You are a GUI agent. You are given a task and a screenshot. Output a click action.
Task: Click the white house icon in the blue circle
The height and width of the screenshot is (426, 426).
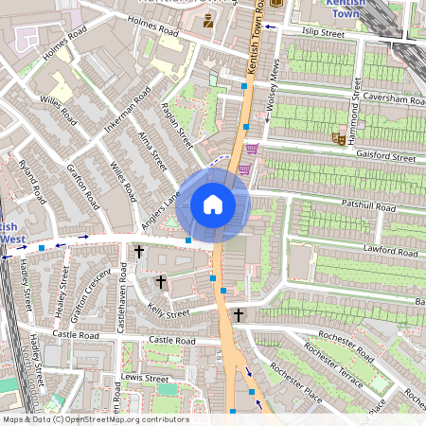coord(213,204)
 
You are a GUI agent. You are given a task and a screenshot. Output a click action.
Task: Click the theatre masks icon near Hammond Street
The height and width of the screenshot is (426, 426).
coord(337,138)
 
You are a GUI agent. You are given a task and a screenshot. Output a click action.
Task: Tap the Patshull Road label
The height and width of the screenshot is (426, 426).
coord(372,205)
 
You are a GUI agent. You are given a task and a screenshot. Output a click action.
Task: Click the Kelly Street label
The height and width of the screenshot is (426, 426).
coord(169,312)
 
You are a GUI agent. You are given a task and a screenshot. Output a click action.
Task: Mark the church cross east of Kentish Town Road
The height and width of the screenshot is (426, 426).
coord(239,314)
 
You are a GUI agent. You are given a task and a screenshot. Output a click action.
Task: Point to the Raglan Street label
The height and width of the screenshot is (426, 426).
coord(177,125)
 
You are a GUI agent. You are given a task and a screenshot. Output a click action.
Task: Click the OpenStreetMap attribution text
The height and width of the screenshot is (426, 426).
coord(96,419)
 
